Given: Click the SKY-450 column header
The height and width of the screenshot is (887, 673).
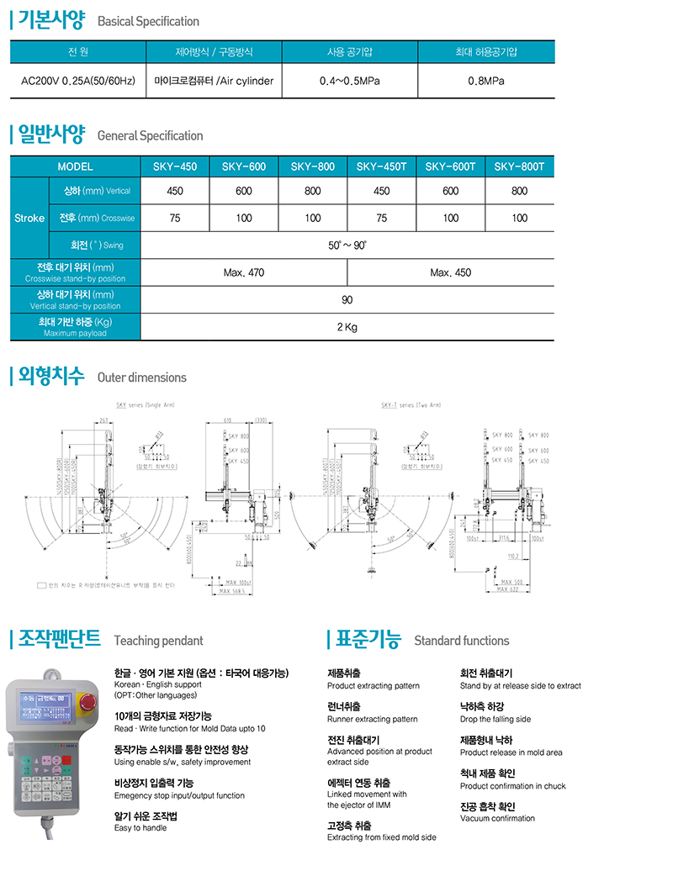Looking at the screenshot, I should (x=175, y=166).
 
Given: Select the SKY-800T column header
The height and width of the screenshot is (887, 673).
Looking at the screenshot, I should (x=520, y=166).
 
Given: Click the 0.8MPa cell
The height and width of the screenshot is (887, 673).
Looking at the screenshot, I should (x=486, y=82).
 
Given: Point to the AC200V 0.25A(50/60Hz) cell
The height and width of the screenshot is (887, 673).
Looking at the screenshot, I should (x=77, y=82).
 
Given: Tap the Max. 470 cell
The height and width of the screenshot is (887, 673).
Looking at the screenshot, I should (x=244, y=272).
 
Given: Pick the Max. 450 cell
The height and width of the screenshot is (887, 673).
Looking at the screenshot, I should (x=451, y=272).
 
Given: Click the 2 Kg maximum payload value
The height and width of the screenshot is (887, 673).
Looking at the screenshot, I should (x=347, y=327).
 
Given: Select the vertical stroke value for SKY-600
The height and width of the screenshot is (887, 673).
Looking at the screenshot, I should (x=244, y=191).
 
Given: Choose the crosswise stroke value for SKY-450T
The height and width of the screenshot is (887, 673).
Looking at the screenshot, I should (x=382, y=218).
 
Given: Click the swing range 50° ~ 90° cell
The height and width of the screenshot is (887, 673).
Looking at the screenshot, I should (x=347, y=246).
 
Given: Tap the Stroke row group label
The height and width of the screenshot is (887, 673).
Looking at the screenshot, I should (x=29, y=218).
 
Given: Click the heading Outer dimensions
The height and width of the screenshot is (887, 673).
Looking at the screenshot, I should (x=142, y=378).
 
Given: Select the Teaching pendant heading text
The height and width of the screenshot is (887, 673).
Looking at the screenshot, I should (x=158, y=641).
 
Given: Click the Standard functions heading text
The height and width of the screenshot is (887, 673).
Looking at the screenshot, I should (x=462, y=641).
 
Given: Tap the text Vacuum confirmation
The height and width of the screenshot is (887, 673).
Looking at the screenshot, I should (x=497, y=818).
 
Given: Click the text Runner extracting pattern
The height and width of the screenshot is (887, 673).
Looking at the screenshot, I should (x=372, y=719).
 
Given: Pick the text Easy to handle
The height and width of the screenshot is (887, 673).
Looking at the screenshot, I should (x=140, y=828).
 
